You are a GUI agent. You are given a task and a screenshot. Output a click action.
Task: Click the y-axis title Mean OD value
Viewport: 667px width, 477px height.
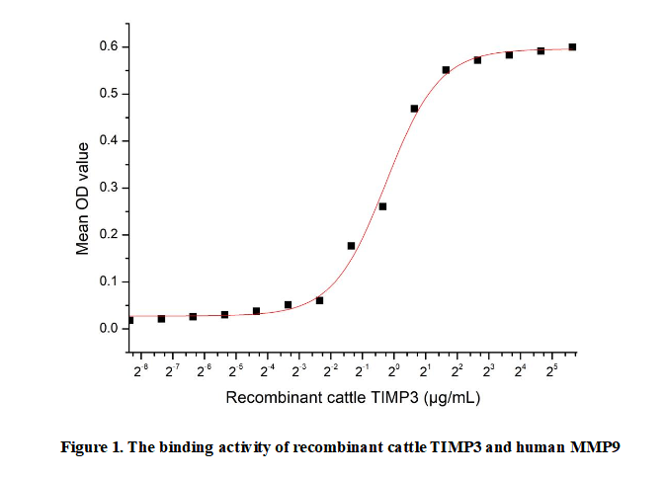click(83, 199)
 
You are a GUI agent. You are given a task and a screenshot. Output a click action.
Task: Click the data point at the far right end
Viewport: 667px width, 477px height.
click(572, 46)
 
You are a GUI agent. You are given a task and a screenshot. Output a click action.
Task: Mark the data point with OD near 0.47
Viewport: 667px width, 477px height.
click(414, 109)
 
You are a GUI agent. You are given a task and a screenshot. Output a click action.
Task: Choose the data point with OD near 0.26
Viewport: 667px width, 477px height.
click(382, 206)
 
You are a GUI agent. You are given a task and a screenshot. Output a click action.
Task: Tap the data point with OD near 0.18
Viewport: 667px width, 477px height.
click(351, 245)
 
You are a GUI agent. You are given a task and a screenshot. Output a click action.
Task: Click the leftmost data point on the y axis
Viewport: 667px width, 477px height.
click(130, 320)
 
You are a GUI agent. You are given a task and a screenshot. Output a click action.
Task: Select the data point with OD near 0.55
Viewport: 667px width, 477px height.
click(446, 70)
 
